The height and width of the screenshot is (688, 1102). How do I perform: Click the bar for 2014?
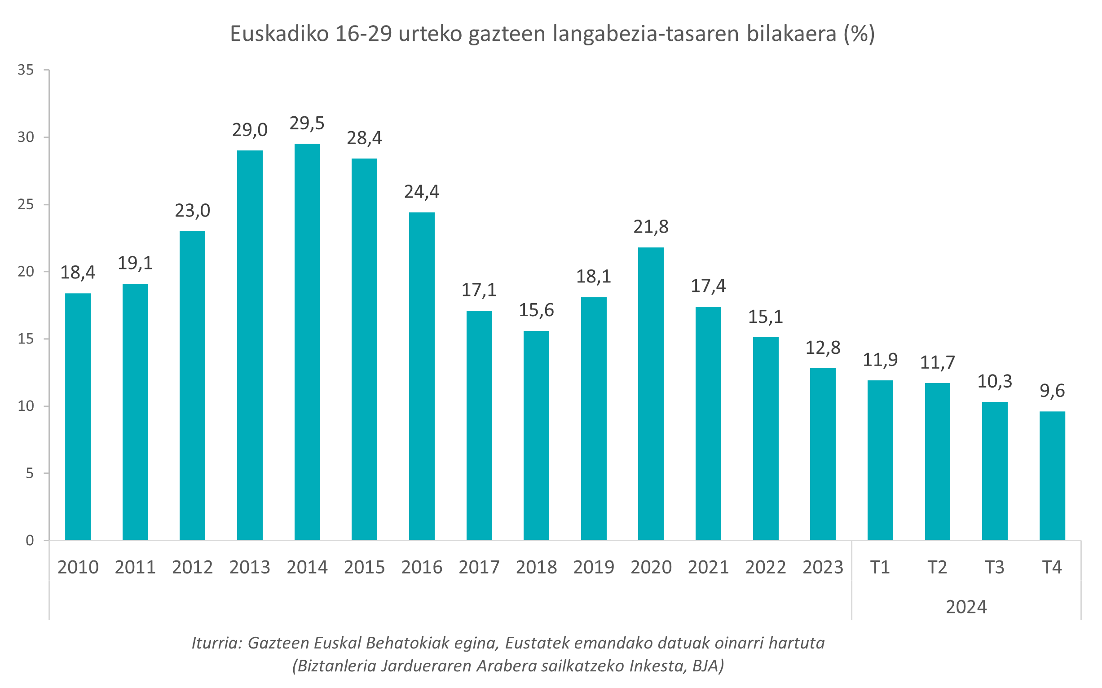(x=307, y=341)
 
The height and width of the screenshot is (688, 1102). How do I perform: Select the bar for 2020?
(x=651, y=393)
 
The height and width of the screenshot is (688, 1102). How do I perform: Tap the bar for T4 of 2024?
(x=1052, y=476)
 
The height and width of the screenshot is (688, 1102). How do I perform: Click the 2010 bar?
(x=78, y=416)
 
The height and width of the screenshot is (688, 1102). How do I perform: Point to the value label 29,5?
(x=307, y=123)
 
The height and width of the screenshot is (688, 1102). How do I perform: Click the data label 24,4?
(x=422, y=192)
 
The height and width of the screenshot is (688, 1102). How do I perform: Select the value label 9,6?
(x=1052, y=391)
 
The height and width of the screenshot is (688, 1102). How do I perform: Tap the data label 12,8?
(x=823, y=348)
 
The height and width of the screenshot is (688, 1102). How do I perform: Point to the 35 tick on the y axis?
(x=26, y=70)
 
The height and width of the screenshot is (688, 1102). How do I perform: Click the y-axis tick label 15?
(x=26, y=339)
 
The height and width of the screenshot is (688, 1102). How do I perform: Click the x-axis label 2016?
(x=422, y=567)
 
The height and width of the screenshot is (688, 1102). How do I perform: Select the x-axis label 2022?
(x=765, y=567)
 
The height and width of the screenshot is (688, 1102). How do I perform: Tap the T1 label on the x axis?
(x=880, y=567)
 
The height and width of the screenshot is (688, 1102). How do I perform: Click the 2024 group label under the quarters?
(x=966, y=607)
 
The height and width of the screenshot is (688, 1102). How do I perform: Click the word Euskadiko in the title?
(x=279, y=34)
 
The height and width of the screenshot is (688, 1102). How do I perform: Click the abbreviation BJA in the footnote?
(x=708, y=666)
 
